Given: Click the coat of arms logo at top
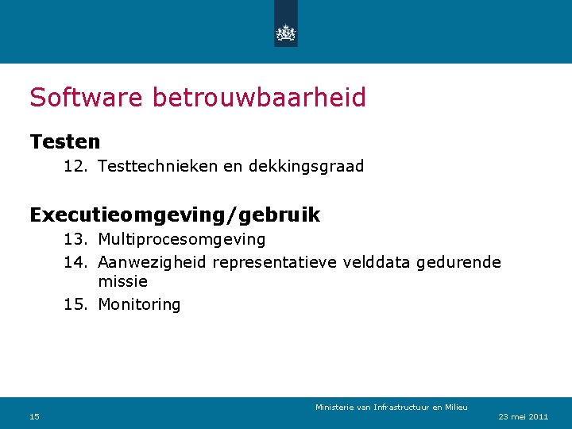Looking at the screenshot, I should [x=285, y=33].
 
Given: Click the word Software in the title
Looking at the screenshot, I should [x=87, y=98].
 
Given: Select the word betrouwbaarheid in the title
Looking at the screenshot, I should [x=259, y=98].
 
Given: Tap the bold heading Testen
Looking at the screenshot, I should [x=65, y=142].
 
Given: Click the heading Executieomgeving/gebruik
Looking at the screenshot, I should [x=175, y=214].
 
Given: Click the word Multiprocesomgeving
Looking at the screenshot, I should [x=182, y=239].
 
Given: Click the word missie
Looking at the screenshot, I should [x=122, y=281].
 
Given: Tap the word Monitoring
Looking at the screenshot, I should [x=139, y=304].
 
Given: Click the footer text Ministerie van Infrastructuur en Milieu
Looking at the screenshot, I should [x=391, y=408].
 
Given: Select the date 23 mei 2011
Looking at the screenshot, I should [x=523, y=417].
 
